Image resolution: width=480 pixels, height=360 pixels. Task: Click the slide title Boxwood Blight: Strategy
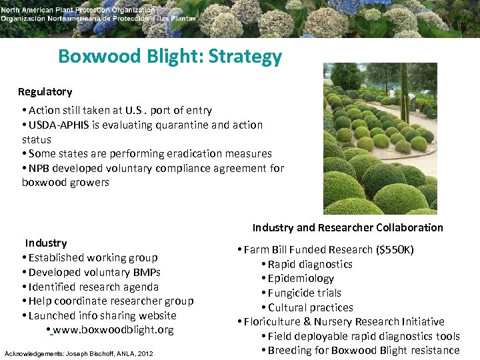(x=170, y=57)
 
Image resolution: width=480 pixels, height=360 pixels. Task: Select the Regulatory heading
(x=45, y=91)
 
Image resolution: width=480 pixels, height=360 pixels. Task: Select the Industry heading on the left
(x=46, y=243)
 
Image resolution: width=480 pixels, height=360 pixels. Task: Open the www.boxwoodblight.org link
(x=113, y=330)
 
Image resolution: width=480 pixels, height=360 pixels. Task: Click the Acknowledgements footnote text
(x=79, y=353)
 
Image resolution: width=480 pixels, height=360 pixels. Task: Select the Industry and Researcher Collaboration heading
(x=347, y=227)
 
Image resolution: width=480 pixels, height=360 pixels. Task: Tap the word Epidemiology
(x=301, y=279)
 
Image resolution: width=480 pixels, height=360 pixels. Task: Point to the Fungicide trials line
(x=304, y=293)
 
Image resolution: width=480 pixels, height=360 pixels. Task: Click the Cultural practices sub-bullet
(x=310, y=307)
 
